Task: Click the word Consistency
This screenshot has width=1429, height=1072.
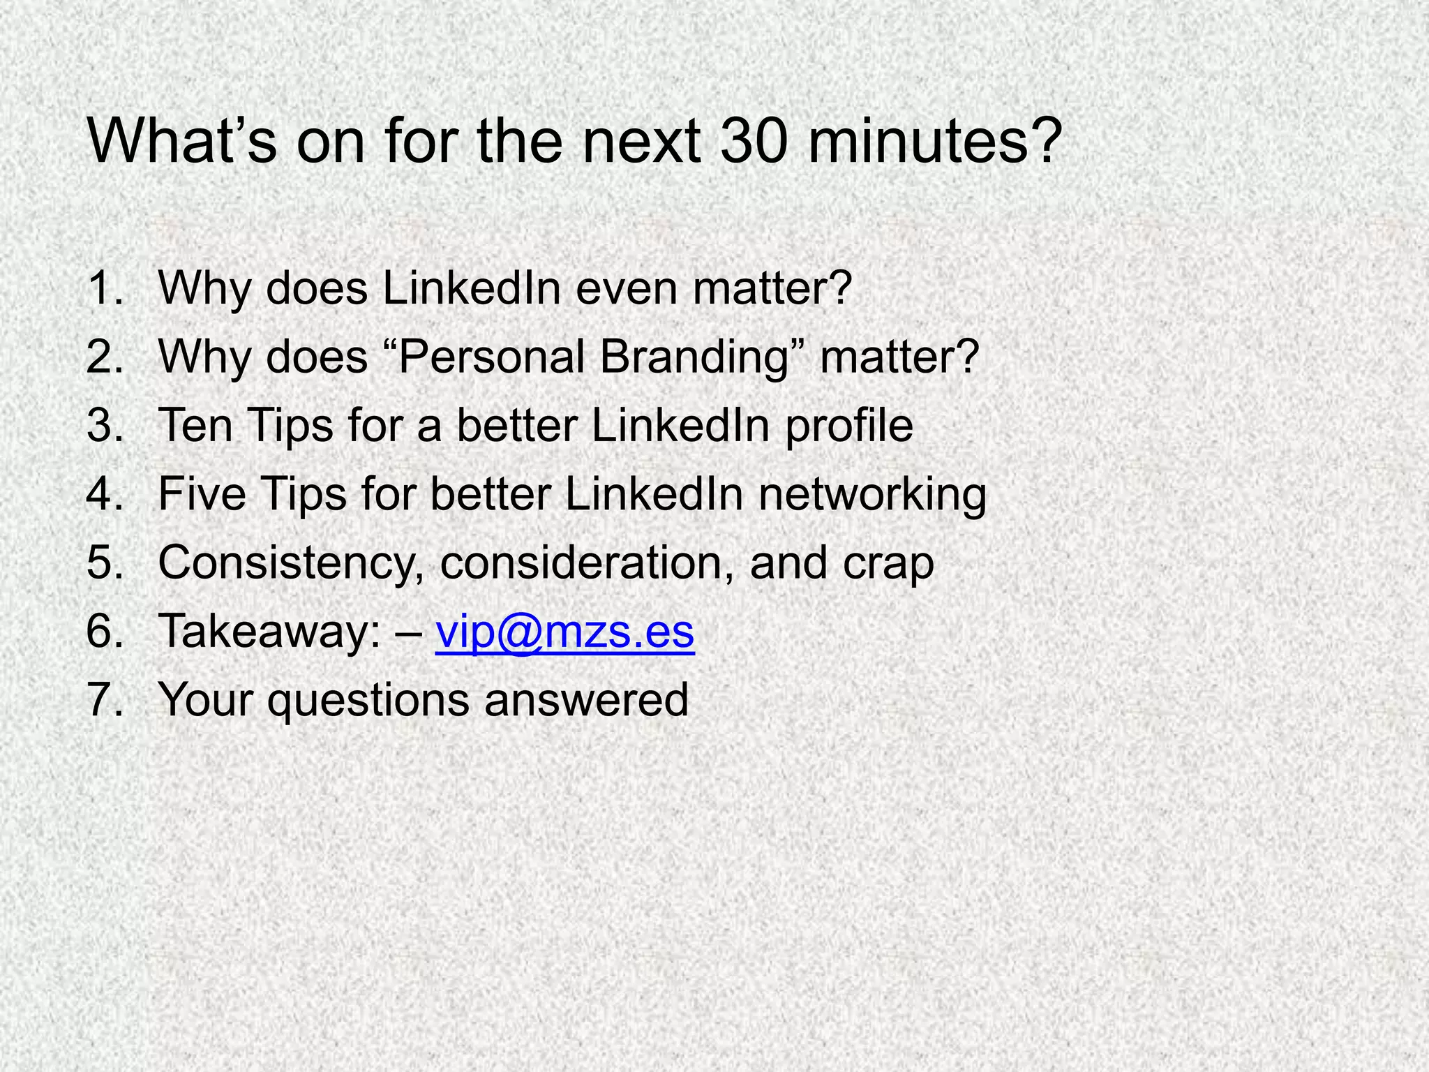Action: [x=286, y=563]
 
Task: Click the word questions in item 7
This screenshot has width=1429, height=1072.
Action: [x=368, y=701]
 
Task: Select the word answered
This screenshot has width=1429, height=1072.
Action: [x=586, y=699]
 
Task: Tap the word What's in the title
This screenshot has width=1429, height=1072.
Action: [x=181, y=142]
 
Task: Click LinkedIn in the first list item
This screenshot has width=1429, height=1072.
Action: [x=472, y=288]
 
